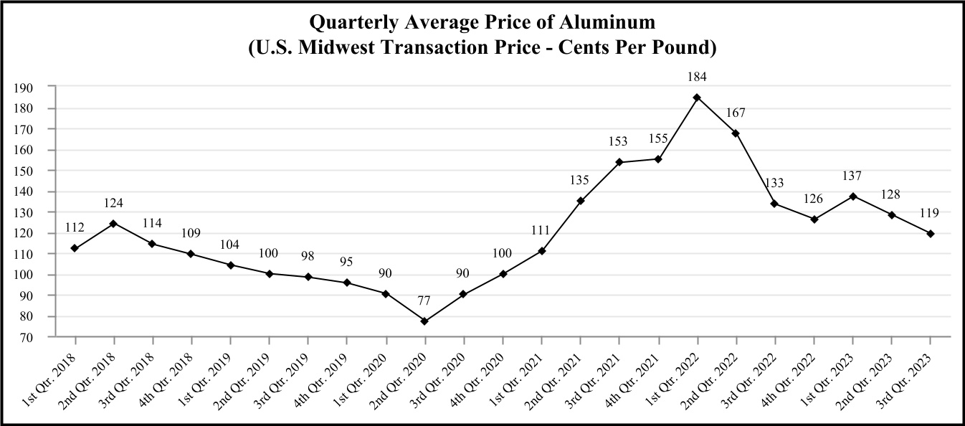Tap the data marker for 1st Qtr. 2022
coord(697,97)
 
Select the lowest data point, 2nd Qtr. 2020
coord(424,321)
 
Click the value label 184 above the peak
coord(697,77)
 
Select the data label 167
coord(736,113)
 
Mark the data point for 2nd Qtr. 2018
coord(113,223)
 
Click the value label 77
coord(424,301)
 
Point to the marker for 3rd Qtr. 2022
coord(774,204)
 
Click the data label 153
coord(619,142)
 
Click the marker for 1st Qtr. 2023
coord(852,196)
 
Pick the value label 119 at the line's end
coord(930,213)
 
